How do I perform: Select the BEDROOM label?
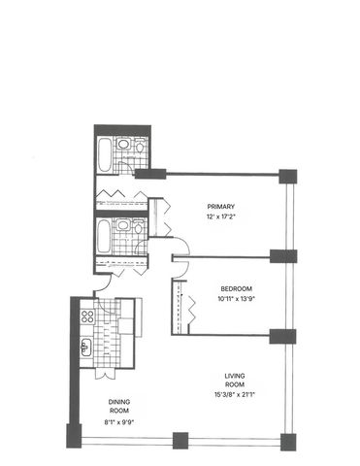click(237, 288)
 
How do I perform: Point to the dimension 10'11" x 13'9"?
click(236, 298)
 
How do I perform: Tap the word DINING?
click(119, 400)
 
